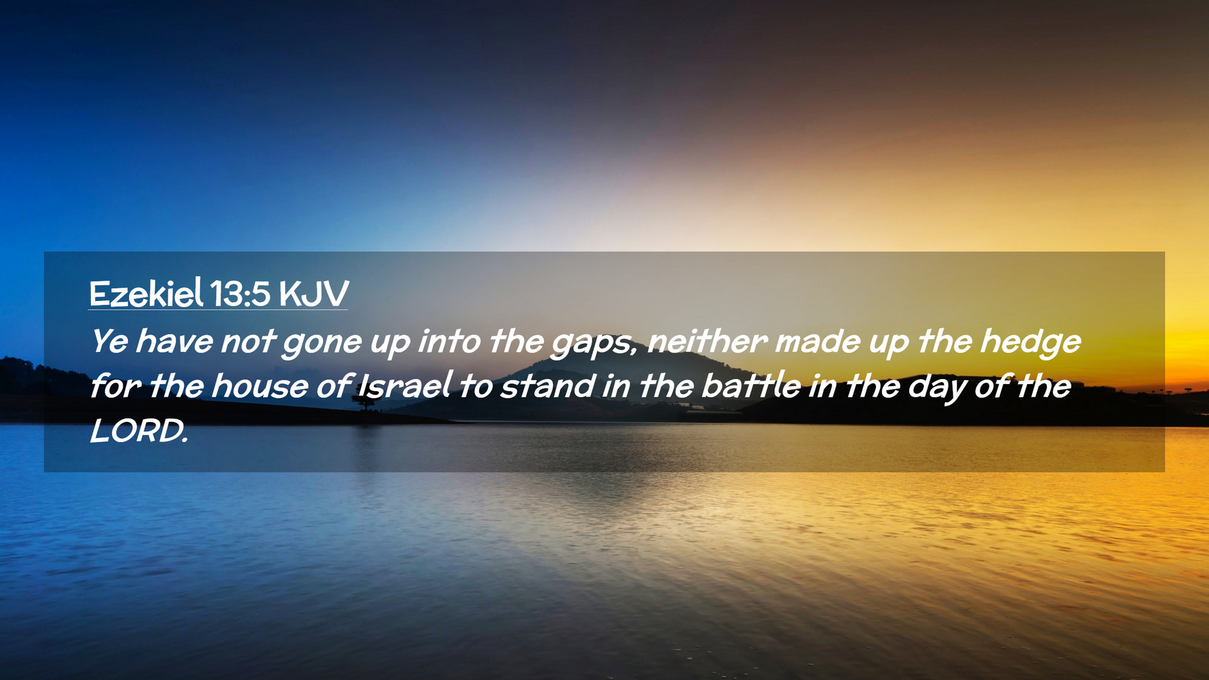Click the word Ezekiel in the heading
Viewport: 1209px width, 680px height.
[146, 293]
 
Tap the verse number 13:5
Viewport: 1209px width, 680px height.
[241, 294]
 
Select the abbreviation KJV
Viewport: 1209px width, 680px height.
[314, 294]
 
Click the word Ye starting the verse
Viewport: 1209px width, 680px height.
[110, 341]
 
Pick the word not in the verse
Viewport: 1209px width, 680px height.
[248, 342]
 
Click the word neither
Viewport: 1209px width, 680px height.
[708, 341]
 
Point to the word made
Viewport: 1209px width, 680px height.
[818, 341]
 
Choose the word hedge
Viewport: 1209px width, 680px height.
[1031, 344]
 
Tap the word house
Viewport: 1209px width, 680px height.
[260, 387]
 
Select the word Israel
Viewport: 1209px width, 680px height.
[405, 385]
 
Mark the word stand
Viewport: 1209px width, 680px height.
[547, 386]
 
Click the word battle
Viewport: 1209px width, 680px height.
[751, 386]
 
